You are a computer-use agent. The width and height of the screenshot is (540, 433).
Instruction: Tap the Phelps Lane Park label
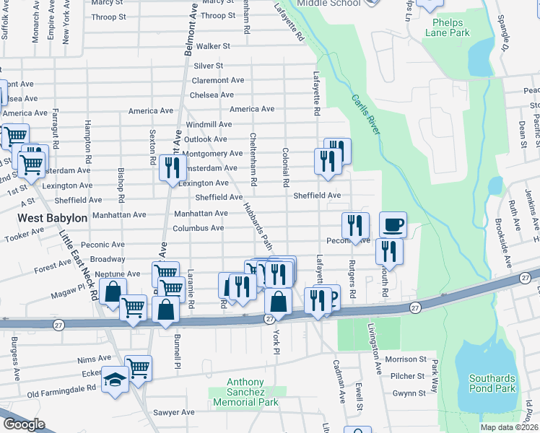pos(448,28)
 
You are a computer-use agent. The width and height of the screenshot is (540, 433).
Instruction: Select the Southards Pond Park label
pos(492,383)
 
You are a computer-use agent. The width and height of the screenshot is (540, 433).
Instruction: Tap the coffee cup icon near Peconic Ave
pos(392,224)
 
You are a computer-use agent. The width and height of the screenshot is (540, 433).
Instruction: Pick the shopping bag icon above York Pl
pos(278,302)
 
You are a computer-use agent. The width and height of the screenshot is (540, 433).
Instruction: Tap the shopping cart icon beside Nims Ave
pos(138,367)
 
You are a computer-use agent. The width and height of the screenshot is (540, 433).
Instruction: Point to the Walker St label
pos(213,46)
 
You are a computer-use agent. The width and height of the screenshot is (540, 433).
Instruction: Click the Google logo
pos(24,424)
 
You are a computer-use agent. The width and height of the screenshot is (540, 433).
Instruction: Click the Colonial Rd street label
pos(286,167)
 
